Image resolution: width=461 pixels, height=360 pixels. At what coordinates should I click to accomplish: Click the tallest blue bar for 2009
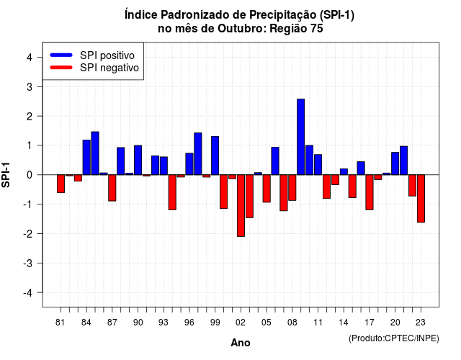pos(301,137)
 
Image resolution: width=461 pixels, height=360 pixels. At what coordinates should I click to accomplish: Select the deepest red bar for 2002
pos(241,205)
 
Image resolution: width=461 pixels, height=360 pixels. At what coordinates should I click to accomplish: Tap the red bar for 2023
pos(421,199)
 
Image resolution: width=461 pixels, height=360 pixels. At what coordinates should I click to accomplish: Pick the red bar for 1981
pos(61,184)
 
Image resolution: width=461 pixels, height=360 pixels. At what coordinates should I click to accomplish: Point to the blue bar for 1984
pos(86,157)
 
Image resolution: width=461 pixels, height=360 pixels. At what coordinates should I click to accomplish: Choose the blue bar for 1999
pos(215,156)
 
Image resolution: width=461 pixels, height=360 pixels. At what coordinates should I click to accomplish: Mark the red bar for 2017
pos(370,192)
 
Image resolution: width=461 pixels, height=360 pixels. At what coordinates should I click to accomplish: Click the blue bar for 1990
pos(138,160)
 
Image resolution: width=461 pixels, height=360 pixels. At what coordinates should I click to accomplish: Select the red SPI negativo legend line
pos(61,67)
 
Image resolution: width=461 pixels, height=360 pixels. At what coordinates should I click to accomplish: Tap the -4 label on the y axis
pos(27,293)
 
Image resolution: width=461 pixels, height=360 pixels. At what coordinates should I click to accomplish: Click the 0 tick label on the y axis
pos(30,175)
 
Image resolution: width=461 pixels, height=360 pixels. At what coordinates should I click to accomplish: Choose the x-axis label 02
pos(241,323)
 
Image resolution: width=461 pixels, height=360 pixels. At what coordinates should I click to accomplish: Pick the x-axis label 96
pos(189,323)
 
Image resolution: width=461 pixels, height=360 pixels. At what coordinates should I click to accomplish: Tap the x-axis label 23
pos(421,323)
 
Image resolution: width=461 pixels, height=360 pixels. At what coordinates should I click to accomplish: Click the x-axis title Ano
pos(241,343)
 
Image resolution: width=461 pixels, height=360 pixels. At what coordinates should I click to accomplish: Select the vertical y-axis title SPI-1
pos(6,175)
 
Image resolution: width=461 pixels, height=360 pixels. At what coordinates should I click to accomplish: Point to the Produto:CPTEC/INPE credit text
pos(394,338)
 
